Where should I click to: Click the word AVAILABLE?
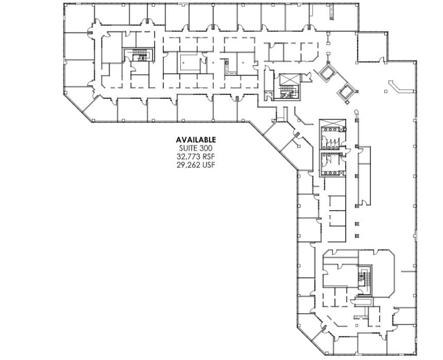coord(196,140)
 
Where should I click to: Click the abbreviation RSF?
coord(209,156)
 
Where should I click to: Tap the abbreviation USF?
coord(209,164)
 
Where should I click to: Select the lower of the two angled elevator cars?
coord(345,92)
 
